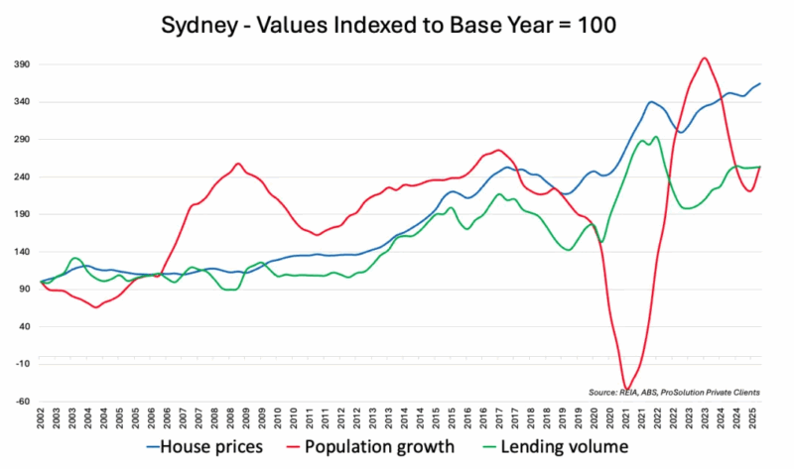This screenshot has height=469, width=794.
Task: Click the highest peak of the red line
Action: coord(704,59)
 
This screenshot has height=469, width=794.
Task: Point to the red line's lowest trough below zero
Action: coord(626,390)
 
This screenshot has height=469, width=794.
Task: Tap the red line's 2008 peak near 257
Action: coord(237,164)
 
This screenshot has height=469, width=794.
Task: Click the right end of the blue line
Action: coord(760,83)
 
